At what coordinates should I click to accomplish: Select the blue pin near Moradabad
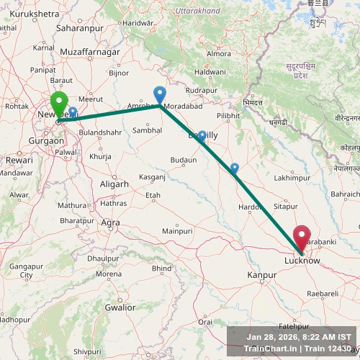point(160,94)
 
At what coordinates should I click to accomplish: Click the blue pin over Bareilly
point(202,136)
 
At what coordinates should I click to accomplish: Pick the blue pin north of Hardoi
point(234,168)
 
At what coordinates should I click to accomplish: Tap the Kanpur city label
point(261,275)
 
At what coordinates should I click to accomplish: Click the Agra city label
point(110,222)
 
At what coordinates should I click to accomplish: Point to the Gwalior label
point(120,307)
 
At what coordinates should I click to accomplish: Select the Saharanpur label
point(100,27)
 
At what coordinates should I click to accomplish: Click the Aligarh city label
point(114,184)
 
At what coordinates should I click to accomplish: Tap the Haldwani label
point(210,72)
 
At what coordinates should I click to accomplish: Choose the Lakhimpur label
point(292,177)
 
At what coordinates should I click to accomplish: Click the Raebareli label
point(322,294)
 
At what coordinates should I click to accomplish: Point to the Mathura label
point(72,205)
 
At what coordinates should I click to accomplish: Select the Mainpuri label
point(177,231)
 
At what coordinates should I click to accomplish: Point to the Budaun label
point(183,160)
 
